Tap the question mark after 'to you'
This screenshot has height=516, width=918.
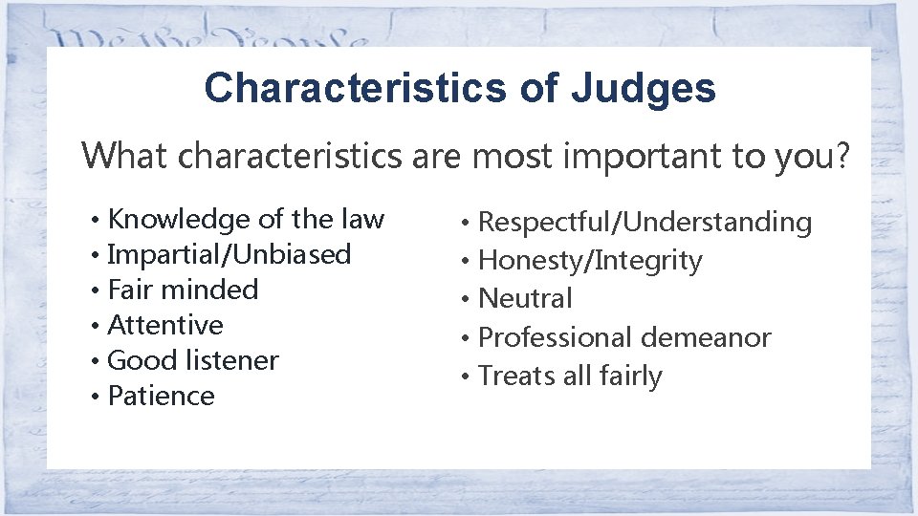pos(841,155)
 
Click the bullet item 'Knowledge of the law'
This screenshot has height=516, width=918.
pos(246,220)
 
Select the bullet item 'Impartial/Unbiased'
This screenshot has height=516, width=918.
pos(229,255)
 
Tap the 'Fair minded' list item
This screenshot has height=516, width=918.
pos(183,290)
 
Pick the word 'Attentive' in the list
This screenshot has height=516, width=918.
pos(165,325)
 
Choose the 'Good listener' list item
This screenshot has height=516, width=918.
pos(193,360)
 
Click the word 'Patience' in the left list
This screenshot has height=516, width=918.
pos(162,396)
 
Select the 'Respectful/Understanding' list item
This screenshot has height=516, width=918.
pos(645,223)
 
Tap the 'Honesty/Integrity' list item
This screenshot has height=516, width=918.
pos(590,260)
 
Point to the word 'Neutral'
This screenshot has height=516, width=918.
pos(525,298)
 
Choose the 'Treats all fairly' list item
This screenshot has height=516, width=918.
pos(570,376)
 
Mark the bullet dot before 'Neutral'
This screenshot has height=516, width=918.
pos(465,300)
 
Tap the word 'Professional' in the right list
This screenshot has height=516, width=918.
pos(556,337)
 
